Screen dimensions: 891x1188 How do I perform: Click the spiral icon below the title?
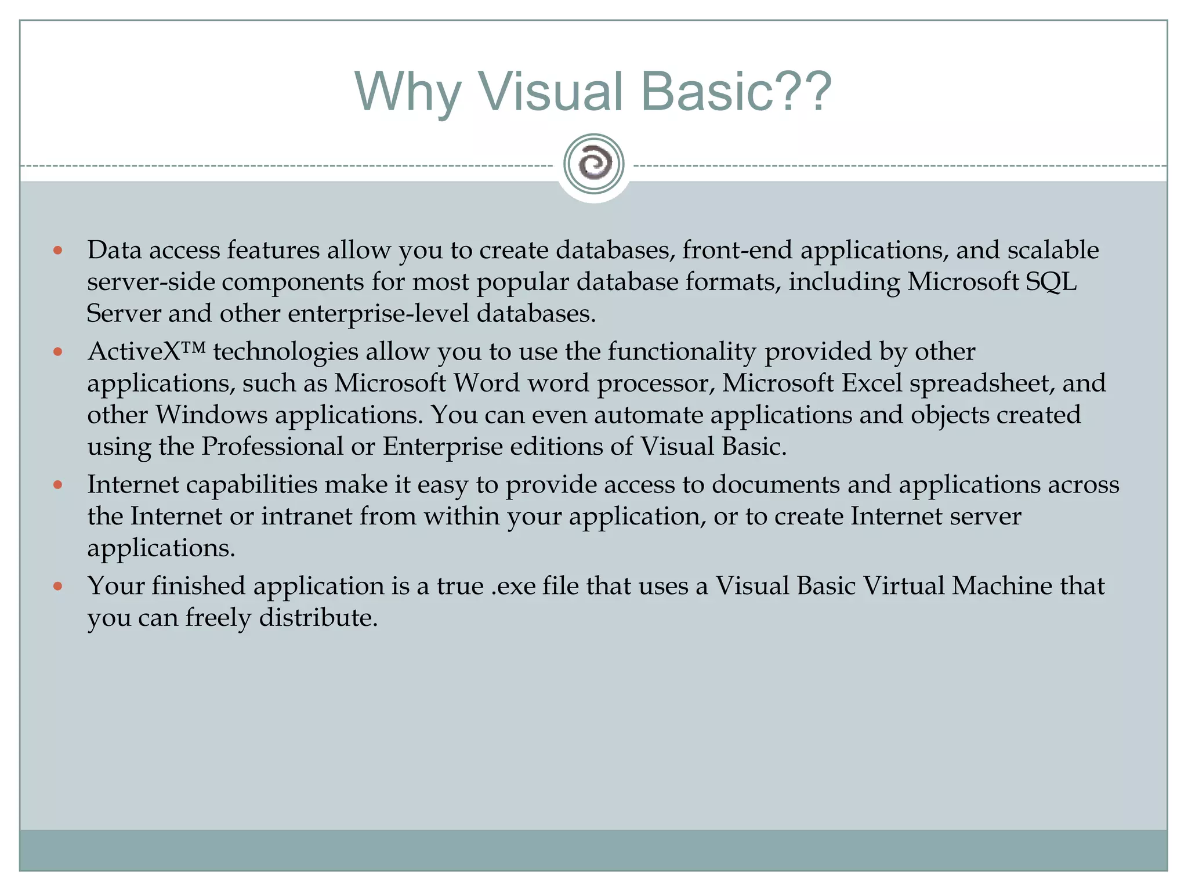click(593, 164)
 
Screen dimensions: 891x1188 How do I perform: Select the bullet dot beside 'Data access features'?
click(57, 251)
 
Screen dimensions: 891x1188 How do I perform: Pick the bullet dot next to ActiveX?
click(57, 352)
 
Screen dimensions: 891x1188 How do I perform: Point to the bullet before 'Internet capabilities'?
click(57, 485)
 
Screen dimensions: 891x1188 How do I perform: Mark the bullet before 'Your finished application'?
click(57, 586)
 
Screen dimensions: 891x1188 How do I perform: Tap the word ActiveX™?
click(147, 352)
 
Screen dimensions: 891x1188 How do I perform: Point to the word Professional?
click(273, 447)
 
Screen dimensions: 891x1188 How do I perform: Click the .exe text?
click(513, 586)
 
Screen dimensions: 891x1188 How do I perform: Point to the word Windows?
click(211, 415)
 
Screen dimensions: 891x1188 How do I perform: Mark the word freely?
click(218, 618)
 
